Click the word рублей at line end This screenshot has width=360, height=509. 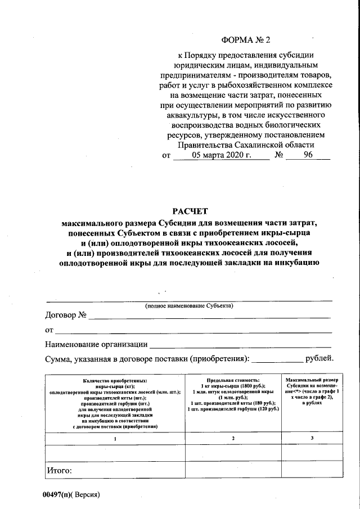coord(319,358)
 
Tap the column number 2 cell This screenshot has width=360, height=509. coord(232,438)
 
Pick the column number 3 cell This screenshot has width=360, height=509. coord(311,438)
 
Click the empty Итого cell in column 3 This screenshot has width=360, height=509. coord(311,469)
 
